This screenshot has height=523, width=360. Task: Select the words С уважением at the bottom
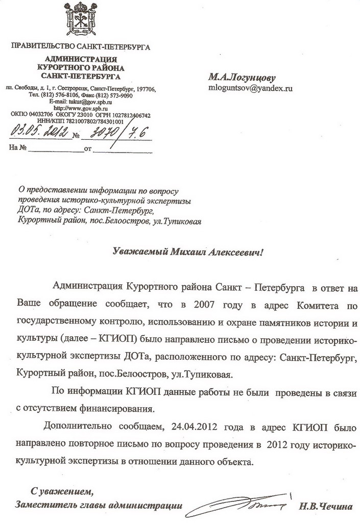pos(62,492)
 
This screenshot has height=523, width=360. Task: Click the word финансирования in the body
pos(124,408)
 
